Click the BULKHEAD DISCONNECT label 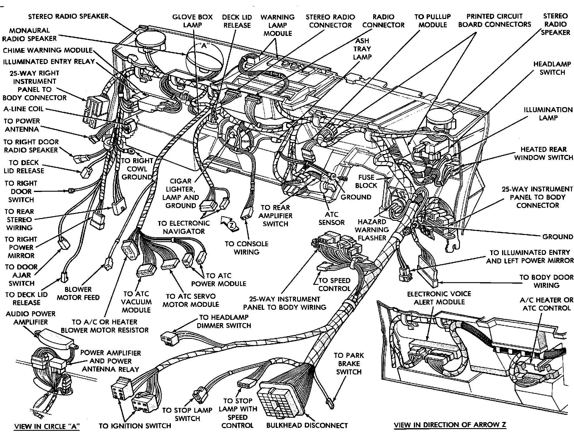coord(307,425)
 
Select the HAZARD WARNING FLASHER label coord(372,230)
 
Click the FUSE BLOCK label coord(366,181)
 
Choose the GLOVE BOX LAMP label coord(193,21)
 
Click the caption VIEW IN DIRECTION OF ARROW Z coord(450,425)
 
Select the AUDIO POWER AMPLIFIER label coord(31,318)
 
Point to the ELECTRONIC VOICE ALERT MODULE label coord(439,298)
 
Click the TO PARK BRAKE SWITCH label coord(348,363)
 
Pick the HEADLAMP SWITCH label coord(552,68)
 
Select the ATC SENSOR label coord(331,218)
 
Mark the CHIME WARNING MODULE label coord(48,50)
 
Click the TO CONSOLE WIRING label coord(246,248)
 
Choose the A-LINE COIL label coord(23,109)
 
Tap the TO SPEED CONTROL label coord(334,284)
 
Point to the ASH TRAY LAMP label coord(362,49)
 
